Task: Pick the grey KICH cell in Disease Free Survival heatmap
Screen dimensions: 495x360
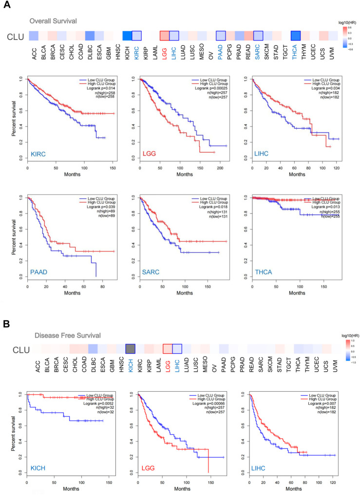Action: [x=130, y=349]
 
